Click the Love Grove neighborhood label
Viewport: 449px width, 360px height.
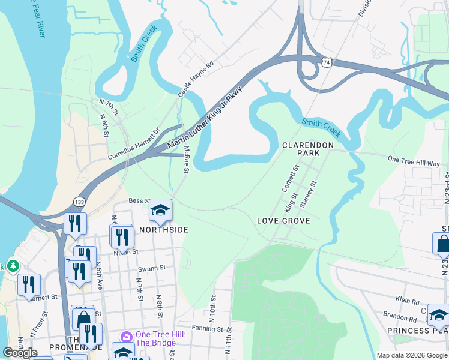(x=283, y=221)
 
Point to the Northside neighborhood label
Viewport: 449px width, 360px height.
(x=164, y=230)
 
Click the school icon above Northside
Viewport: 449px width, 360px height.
(x=160, y=211)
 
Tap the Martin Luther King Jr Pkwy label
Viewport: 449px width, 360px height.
(x=205, y=118)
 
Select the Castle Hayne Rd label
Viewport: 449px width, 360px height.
(x=196, y=79)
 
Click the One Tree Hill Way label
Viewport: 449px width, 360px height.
(x=414, y=162)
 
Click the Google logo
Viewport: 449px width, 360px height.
(x=20, y=352)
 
